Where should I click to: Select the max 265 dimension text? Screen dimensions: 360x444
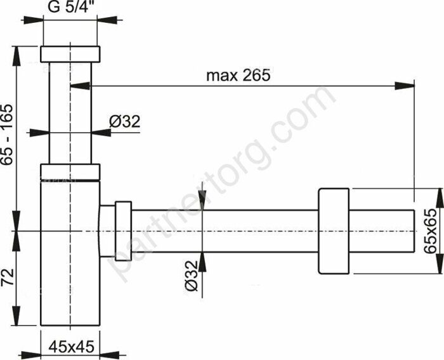[238, 75]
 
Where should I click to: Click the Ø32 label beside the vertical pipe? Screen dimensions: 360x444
[124, 121]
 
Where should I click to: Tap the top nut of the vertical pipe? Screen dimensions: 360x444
[70, 54]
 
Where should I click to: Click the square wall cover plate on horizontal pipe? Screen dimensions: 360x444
[332, 232]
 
